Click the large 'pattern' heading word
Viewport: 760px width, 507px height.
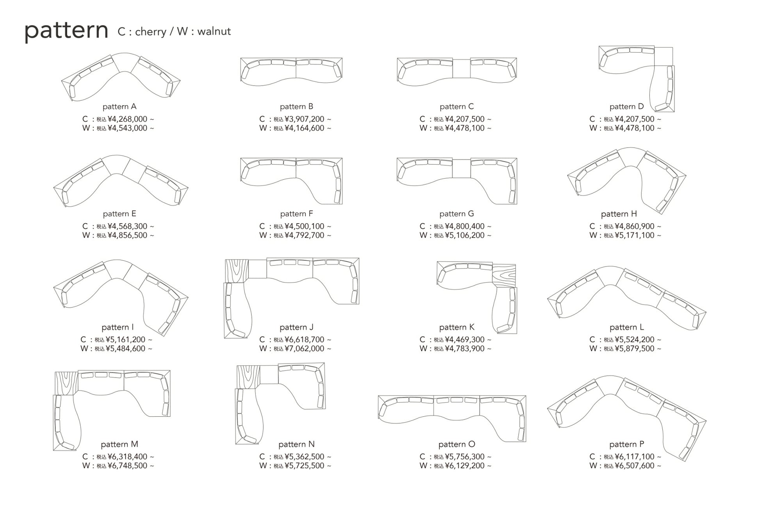[x=66, y=31]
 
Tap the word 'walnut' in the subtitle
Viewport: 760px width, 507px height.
[x=214, y=31]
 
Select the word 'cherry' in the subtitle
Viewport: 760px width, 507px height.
[x=150, y=31]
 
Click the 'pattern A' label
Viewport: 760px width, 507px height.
[x=120, y=107]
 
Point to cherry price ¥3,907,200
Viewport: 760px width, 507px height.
[x=304, y=119]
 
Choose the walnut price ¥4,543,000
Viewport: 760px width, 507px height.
[x=127, y=128]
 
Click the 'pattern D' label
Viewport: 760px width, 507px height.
[x=626, y=107]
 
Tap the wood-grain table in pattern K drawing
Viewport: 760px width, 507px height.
[x=504, y=275]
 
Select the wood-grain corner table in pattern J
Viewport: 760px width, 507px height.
[x=237, y=270]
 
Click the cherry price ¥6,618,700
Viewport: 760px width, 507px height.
[x=304, y=340]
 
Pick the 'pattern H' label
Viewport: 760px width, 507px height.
[x=619, y=214]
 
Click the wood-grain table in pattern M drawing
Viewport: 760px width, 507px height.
[x=66, y=382]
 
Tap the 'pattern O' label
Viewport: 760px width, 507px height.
[x=457, y=444]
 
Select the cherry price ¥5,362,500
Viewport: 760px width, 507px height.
[x=304, y=457]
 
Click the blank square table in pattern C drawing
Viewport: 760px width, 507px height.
[x=461, y=68]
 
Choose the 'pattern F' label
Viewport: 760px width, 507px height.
[x=296, y=214]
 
